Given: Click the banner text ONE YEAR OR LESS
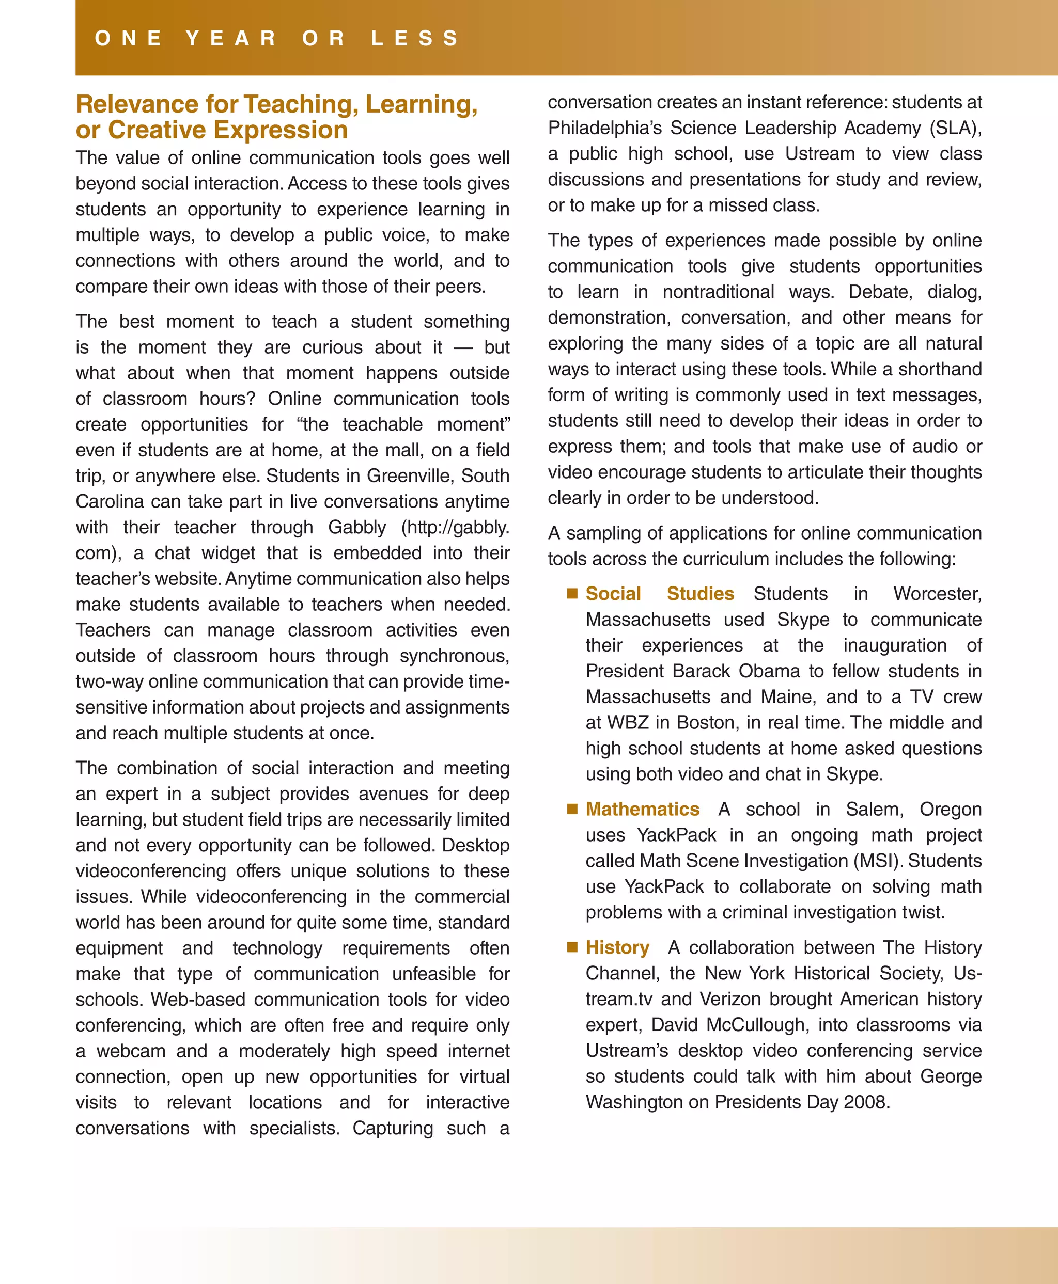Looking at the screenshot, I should pos(277,38).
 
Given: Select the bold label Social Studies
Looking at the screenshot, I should pos(659,594).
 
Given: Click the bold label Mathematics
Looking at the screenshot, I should pos(642,810).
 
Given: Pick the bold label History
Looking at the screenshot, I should pos(617,948).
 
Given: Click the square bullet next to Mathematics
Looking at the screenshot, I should pos(572,809).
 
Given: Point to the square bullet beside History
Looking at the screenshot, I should pos(572,947).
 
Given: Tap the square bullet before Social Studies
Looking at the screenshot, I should pos(572,593).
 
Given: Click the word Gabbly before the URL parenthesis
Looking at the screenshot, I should pos(357,528).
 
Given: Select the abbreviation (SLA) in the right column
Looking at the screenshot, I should pos(955,129).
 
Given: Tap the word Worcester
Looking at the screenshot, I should pos(937,594).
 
